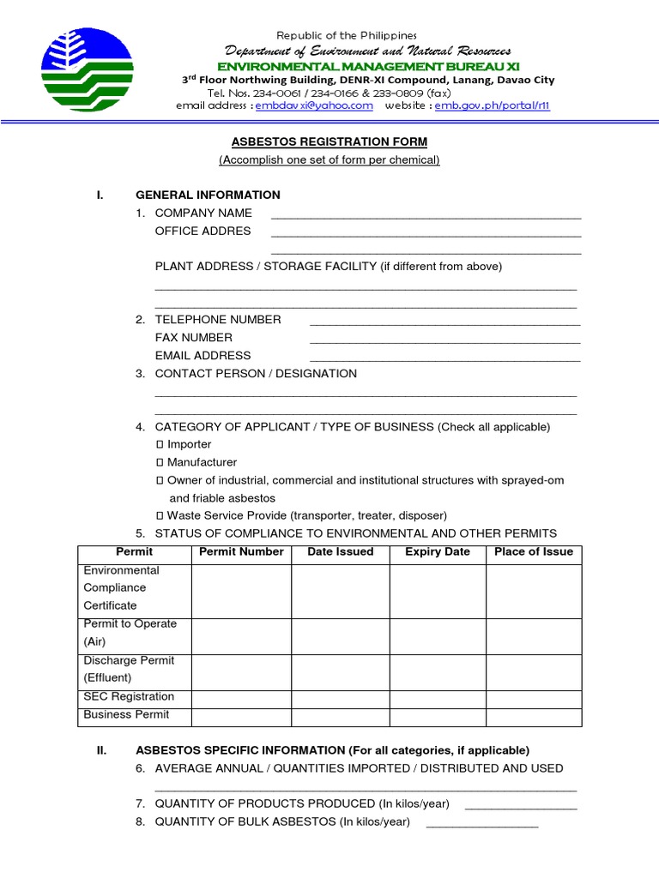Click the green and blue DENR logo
(87, 69)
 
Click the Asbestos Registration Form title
(329, 141)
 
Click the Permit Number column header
(241, 552)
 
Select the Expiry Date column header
(438, 552)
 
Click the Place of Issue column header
(534, 552)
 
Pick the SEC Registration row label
(129, 697)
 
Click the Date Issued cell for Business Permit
(340, 715)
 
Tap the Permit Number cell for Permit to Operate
(241, 633)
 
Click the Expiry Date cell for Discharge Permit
(438, 669)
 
